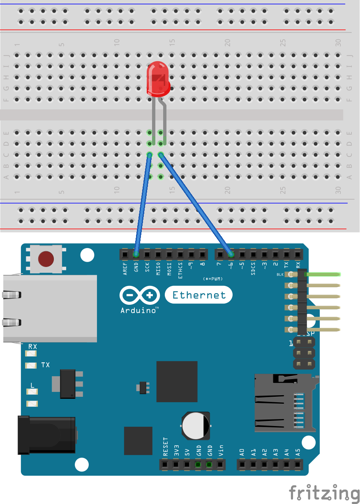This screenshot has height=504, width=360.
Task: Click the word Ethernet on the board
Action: (199, 295)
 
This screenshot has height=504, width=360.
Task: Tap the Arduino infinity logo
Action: (140, 295)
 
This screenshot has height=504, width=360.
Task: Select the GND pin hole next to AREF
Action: (136, 254)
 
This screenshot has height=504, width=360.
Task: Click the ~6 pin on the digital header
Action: (231, 254)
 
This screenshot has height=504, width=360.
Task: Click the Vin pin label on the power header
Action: (221, 451)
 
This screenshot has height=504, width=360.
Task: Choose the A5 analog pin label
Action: (298, 452)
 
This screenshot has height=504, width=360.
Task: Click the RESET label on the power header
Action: (165, 447)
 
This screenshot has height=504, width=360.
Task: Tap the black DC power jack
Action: (46, 435)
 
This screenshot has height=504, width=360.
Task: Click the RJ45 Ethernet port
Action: (49, 308)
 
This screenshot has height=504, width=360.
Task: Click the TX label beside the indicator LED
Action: (46, 365)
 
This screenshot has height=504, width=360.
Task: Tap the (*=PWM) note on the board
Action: (212, 279)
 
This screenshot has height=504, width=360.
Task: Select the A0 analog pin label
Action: (242, 452)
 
